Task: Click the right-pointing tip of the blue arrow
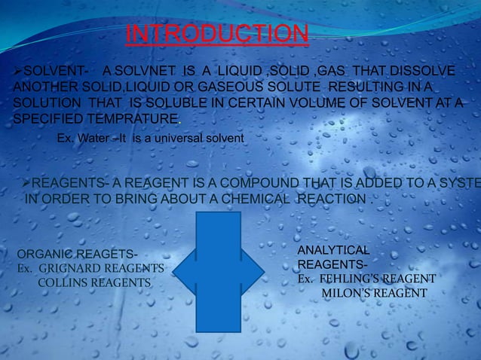click(263, 272)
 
